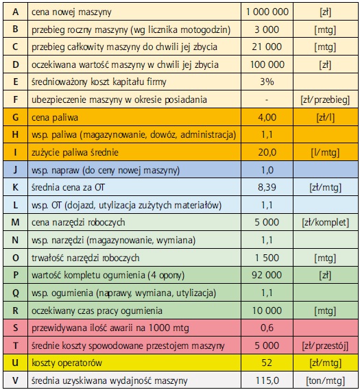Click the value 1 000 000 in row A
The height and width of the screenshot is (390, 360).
[267, 12]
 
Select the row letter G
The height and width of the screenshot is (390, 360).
[15, 117]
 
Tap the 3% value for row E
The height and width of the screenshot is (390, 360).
[267, 82]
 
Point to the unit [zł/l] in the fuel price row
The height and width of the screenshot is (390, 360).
[326, 117]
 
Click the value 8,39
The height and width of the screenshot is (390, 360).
[267, 187]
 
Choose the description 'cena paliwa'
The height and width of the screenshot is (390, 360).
[55, 117]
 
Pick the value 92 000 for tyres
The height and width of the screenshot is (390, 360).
[267, 275]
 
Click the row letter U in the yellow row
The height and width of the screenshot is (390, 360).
[15, 363]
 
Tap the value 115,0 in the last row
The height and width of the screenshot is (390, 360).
[267, 380]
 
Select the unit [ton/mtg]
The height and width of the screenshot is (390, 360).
[326, 381]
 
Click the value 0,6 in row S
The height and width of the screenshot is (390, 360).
[267, 328]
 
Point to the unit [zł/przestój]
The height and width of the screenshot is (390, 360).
[326, 345]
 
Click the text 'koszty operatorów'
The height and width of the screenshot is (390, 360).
[67, 363]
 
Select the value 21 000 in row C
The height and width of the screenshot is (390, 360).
[267, 47]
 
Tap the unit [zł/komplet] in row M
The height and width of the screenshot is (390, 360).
[326, 223]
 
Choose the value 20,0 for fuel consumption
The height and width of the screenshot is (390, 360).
[267, 152]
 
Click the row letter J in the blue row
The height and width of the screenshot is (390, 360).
[15, 170]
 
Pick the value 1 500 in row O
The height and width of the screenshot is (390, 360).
[267, 258]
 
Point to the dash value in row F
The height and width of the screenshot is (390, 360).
[267, 100]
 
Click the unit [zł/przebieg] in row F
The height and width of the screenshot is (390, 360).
[326, 100]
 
